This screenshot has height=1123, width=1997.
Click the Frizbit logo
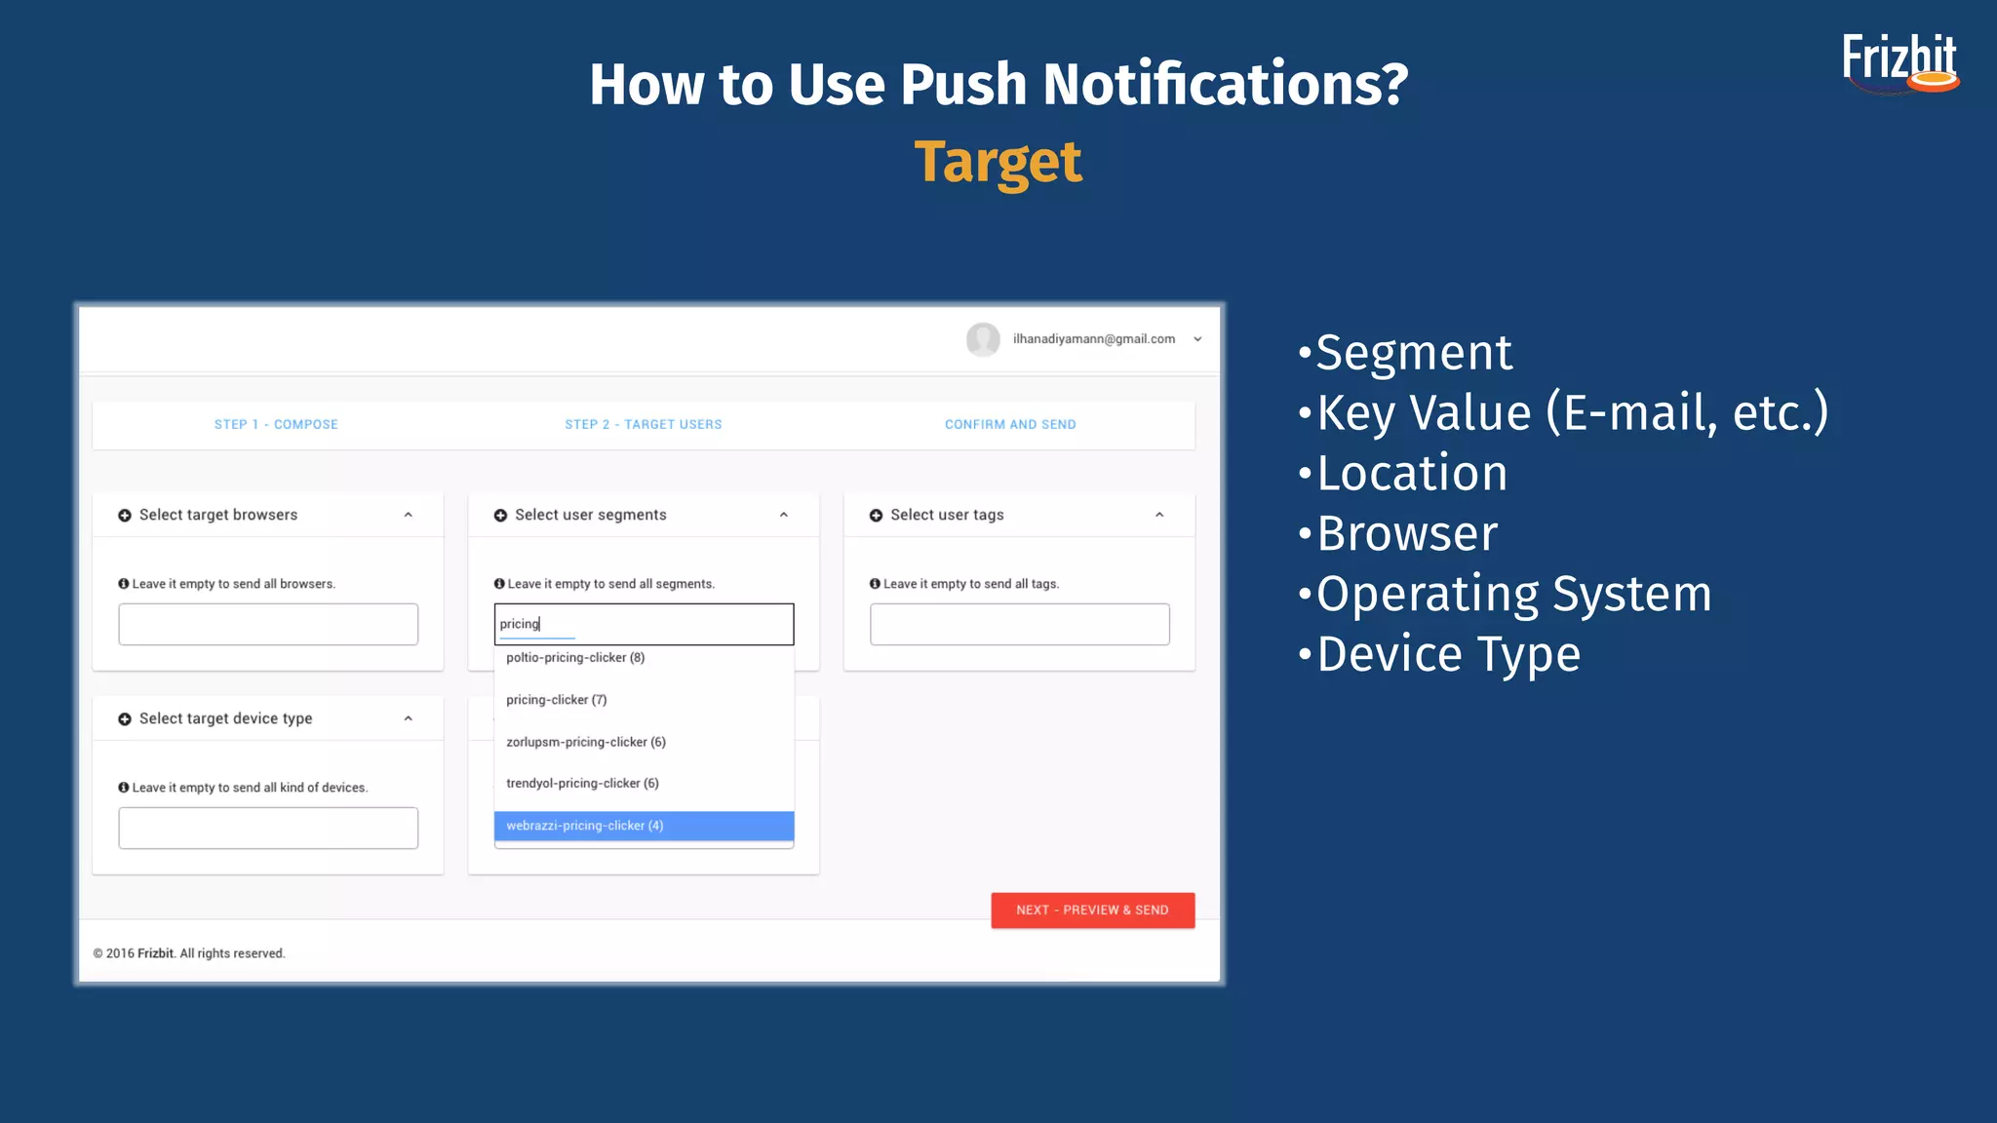click(x=1899, y=62)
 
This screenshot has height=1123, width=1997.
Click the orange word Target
click(x=998, y=162)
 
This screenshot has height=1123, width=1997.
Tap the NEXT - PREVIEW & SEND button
click(x=1092, y=910)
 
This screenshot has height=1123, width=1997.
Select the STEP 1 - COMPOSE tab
click(x=276, y=424)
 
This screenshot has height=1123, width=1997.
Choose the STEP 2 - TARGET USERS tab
click(x=644, y=424)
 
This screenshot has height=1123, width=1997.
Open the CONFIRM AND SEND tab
click(x=1010, y=424)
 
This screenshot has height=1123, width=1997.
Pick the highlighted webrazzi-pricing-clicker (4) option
click(x=644, y=826)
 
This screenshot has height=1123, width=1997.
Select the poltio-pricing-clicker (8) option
click(x=575, y=658)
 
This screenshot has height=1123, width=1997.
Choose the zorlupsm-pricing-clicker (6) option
click(x=586, y=742)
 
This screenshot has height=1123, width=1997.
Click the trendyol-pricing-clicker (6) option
click(x=582, y=784)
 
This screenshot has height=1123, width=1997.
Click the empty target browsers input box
click(x=268, y=624)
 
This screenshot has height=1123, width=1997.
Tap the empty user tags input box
click(x=1019, y=624)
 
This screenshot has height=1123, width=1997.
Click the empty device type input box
click(x=268, y=828)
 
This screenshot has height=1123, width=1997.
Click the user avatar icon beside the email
click(x=983, y=339)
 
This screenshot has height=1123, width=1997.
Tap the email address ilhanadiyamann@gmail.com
click(x=1093, y=339)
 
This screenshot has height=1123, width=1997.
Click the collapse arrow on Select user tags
click(x=1159, y=515)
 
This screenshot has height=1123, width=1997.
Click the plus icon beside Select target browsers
click(x=125, y=515)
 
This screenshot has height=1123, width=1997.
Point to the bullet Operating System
click(x=1513, y=594)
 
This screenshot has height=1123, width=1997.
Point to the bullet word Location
click(x=1412, y=473)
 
